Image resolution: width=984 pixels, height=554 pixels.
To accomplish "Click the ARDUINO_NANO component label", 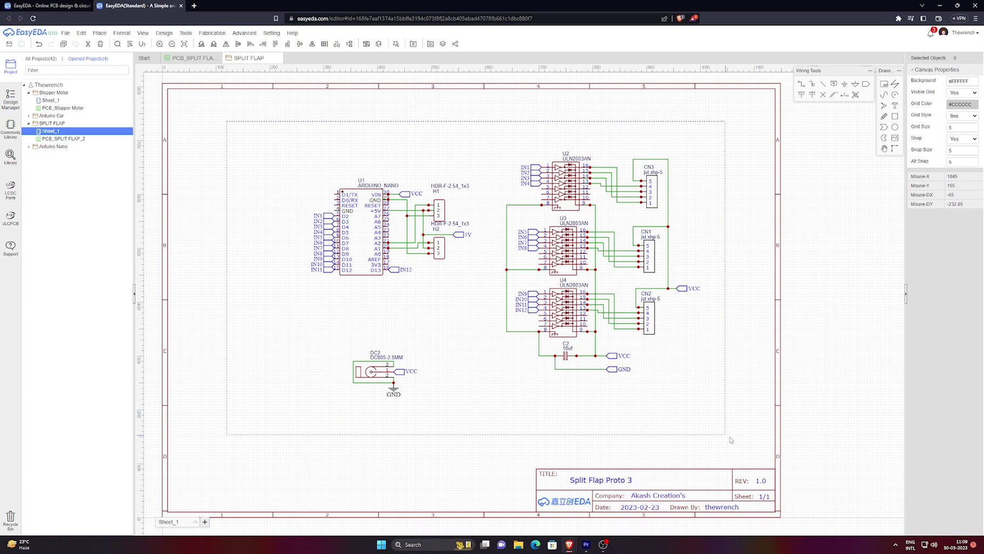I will (378, 186).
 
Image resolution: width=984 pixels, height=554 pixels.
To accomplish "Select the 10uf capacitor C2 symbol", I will (566, 356).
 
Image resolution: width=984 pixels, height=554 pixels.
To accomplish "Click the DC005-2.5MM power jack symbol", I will (371, 372).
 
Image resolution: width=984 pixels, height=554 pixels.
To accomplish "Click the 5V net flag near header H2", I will (462, 235).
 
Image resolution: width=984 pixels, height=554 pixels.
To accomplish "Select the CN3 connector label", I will (649, 167).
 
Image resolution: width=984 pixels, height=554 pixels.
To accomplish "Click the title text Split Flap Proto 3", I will (601, 480).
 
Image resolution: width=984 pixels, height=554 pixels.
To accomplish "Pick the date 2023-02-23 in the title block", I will (640, 507).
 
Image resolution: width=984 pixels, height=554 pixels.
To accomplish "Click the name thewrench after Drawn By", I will (721, 507).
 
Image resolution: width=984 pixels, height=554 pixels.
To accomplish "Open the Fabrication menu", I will (212, 33).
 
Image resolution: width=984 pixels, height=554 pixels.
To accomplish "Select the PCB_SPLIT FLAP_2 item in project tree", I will (63, 139).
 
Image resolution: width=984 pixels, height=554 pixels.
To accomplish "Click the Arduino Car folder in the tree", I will (51, 116).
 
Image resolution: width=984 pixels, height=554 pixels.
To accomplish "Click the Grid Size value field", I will (961, 128).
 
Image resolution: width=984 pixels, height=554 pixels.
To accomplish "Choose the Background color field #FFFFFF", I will (961, 81).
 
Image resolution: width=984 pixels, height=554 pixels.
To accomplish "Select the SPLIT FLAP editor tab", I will (249, 58).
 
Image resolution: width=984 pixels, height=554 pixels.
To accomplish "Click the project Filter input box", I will (77, 70).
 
